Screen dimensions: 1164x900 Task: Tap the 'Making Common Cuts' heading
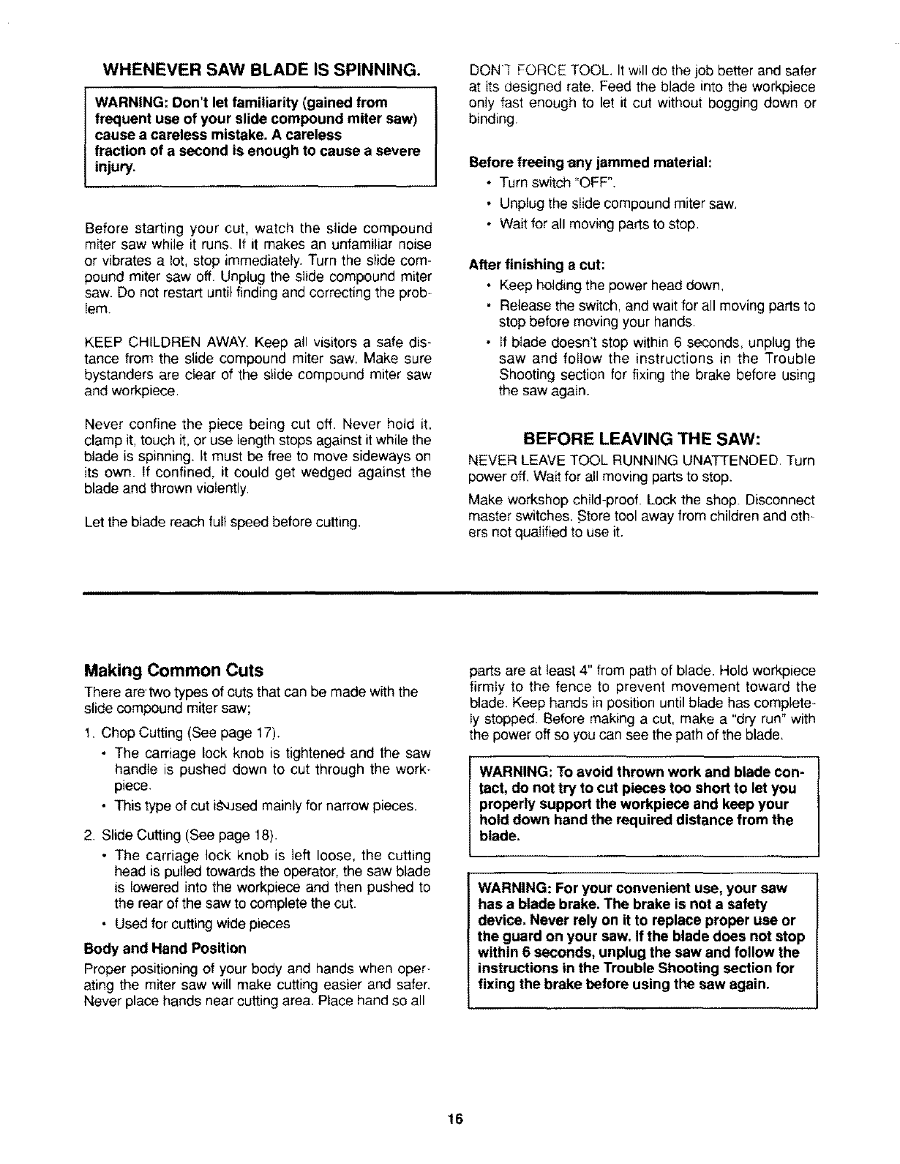[x=174, y=671]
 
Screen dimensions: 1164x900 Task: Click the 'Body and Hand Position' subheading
[x=165, y=949]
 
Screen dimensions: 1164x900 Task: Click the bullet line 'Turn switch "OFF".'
[x=562, y=182]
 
